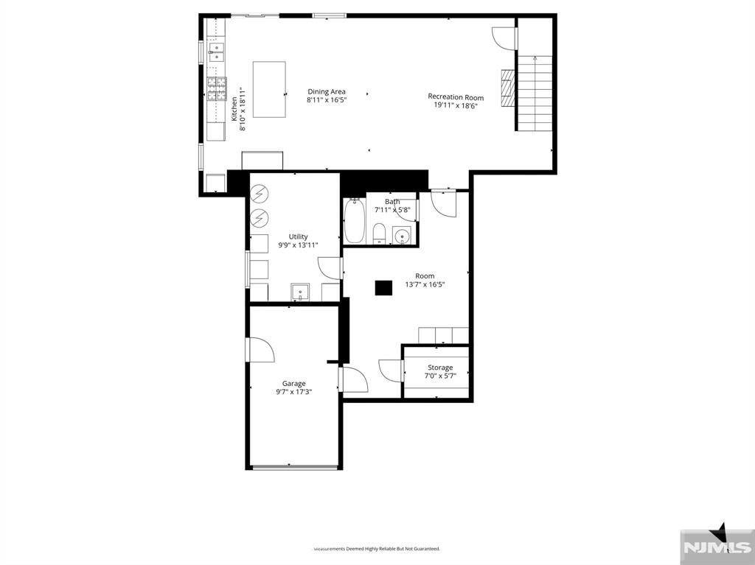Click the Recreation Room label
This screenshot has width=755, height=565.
(x=456, y=97)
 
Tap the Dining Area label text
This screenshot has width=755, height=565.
(x=327, y=92)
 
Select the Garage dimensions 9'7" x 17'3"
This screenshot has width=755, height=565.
(x=293, y=393)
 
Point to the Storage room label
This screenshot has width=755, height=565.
(x=440, y=368)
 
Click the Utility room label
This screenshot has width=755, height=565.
(x=299, y=236)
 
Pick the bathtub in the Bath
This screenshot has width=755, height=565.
(x=355, y=221)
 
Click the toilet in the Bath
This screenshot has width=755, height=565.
(x=380, y=233)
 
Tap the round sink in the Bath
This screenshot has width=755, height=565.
(x=402, y=236)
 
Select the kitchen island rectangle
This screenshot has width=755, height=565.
(x=269, y=89)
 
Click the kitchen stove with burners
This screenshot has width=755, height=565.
(x=217, y=89)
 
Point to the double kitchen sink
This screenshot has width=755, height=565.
(x=216, y=50)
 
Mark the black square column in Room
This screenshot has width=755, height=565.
(x=383, y=288)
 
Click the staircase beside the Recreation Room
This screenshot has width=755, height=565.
(x=535, y=93)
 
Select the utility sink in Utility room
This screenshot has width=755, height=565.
(x=300, y=292)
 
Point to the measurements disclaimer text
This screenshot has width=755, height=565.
(x=377, y=549)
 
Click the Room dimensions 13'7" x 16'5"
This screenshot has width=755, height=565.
(x=425, y=284)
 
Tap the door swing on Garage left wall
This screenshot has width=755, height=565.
(x=260, y=350)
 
